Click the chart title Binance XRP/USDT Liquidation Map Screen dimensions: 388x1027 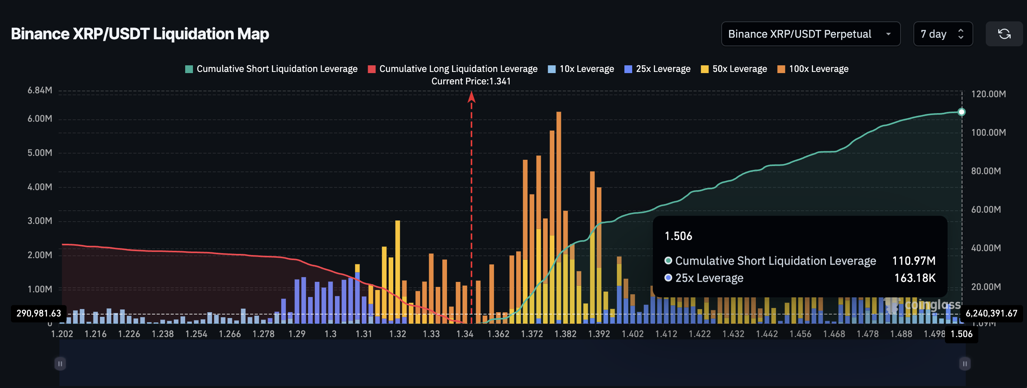(x=140, y=34)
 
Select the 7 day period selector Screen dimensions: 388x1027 (x=943, y=34)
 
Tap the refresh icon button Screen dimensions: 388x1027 (x=1004, y=34)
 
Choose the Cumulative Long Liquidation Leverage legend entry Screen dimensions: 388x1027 (x=452, y=69)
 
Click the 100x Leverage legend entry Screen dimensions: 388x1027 (x=813, y=69)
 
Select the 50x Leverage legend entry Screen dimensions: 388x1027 (x=734, y=69)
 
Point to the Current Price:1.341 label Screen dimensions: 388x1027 (x=471, y=81)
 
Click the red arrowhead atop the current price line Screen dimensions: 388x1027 (x=471, y=96)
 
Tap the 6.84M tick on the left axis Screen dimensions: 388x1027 (x=40, y=91)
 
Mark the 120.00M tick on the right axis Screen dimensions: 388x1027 (x=988, y=94)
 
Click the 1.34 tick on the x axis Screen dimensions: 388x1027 (x=465, y=334)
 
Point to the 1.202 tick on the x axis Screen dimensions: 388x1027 (x=62, y=334)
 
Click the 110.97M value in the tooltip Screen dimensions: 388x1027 (x=913, y=261)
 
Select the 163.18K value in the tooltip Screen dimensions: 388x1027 (x=915, y=278)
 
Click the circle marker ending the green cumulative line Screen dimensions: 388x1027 (x=961, y=112)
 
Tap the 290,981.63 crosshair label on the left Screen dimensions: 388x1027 (x=39, y=313)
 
